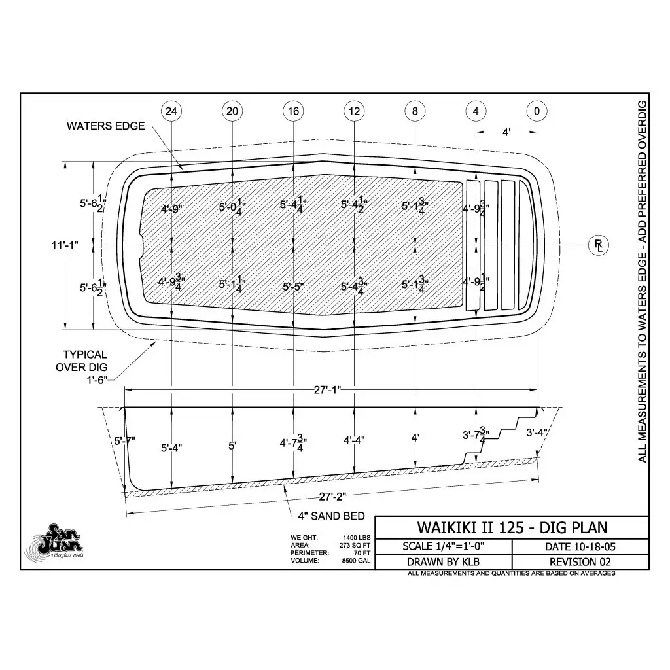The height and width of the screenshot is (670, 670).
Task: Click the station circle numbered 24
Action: [171, 111]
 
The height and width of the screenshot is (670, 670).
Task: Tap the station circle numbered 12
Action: [354, 111]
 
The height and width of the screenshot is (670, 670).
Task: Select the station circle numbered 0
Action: [537, 111]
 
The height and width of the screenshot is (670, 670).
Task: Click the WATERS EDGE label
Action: [105, 126]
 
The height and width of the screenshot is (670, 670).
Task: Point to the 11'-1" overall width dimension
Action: [65, 245]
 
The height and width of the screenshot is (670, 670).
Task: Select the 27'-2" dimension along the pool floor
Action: [332, 496]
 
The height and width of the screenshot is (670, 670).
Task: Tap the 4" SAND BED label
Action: [331, 516]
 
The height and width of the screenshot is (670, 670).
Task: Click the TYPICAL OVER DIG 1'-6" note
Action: [85, 367]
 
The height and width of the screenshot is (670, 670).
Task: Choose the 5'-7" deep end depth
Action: [124, 442]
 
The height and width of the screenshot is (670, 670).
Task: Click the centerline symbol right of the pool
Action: [598, 245]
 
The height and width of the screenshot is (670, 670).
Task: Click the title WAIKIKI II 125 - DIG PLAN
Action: [512, 527]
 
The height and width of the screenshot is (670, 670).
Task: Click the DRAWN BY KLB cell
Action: [443, 561]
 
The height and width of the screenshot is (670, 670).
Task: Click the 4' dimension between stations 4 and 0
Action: [506, 132]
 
